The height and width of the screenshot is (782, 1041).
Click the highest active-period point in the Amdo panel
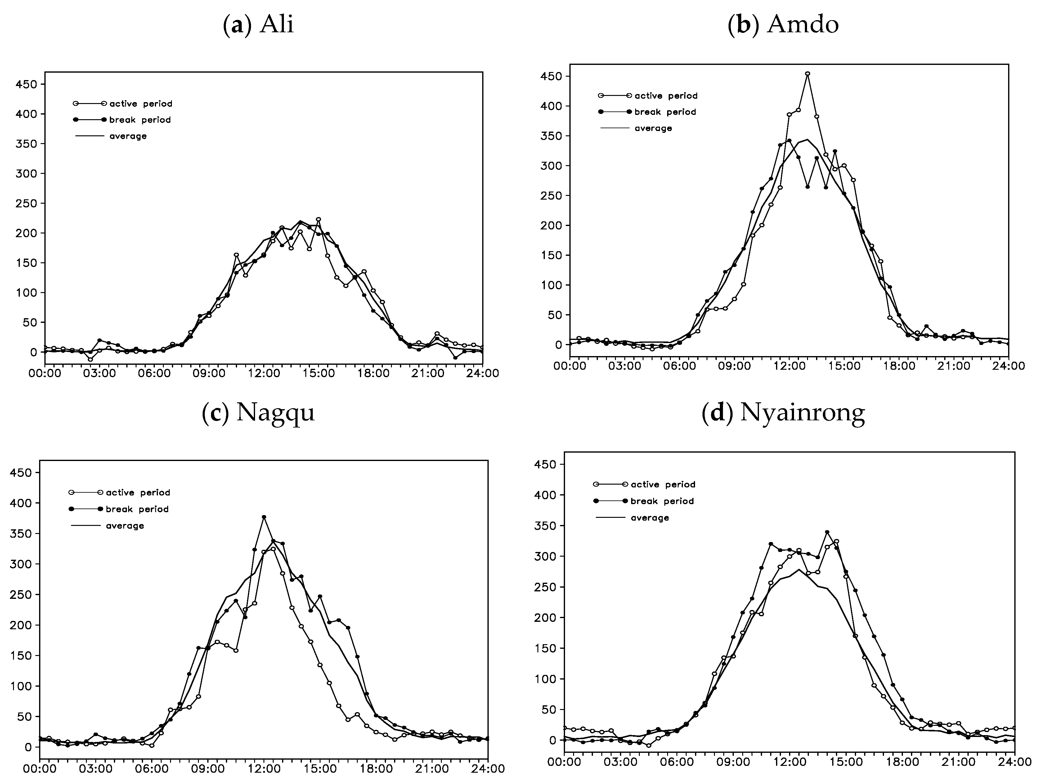pyautogui.click(x=808, y=74)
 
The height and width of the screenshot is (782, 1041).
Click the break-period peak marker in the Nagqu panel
pyautogui.click(x=264, y=517)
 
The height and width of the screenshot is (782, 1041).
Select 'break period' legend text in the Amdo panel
pyautogui.click(x=665, y=112)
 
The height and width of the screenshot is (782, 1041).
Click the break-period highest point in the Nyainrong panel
pyautogui.click(x=827, y=532)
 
